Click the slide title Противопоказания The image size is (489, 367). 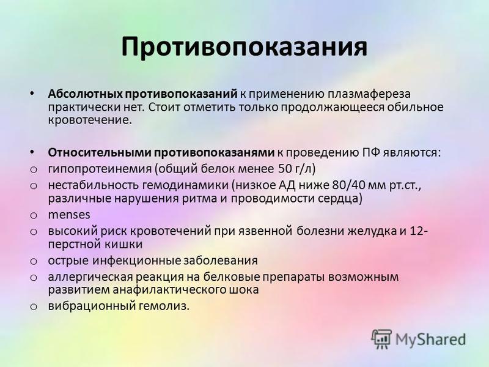tap(244, 47)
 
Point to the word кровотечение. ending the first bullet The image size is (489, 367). tap(90, 120)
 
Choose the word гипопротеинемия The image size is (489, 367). tap(100, 169)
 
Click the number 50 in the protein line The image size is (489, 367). tap(284, 169)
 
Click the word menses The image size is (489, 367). tap(69, 215)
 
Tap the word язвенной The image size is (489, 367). tap(265, 232)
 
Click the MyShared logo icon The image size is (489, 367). tap(381, 339)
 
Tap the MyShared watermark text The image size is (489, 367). tap(430, 339)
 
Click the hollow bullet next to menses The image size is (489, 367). tap(34, 216)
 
